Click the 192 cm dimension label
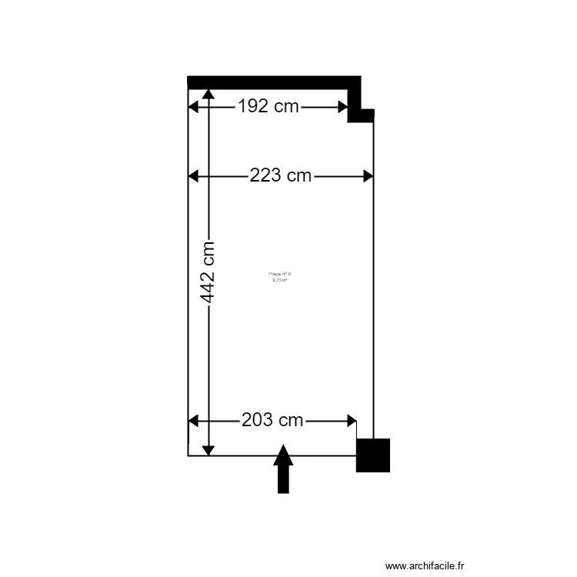pos(268,107)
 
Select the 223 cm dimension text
pos(281,176)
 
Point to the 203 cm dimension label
pos(272,421)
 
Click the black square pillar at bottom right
pos(373,455)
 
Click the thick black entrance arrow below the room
pos(283,469)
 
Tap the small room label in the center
pos(279,277)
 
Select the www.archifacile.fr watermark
pos(425,565)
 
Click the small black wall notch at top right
pos(361,115)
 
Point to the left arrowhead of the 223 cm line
pos(194,176)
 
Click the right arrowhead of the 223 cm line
pos(368,176)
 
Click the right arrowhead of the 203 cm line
pos(351,421)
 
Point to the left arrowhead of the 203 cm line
pos(194,421)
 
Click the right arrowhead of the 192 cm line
pos(343,107)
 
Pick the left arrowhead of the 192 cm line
pos(194,107)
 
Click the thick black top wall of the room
pos(273,82)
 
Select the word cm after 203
pos(291,421)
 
